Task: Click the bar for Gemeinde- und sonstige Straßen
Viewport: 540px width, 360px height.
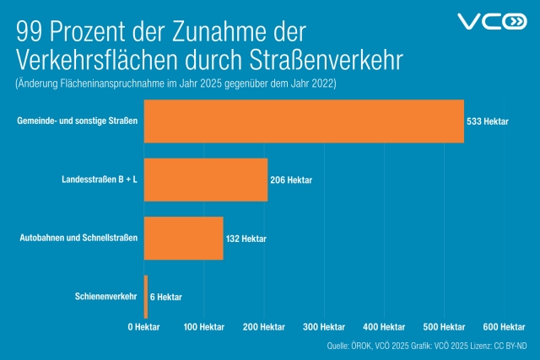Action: [304, 121]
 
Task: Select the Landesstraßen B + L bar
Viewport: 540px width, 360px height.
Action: [206, 180]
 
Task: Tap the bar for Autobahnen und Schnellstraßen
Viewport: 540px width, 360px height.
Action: [184, 238]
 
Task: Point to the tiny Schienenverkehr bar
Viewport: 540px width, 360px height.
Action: [146, 296]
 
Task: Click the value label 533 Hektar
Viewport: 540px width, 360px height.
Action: [488, 122]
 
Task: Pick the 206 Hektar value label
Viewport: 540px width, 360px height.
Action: [291, 180]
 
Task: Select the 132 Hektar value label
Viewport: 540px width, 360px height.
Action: [246, 239]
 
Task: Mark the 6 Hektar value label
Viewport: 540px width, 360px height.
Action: [165, 297]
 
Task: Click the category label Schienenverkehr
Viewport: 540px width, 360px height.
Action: [105, 296]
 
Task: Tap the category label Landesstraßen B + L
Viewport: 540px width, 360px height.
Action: [100, 180]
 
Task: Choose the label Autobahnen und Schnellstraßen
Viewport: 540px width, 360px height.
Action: [78, 238]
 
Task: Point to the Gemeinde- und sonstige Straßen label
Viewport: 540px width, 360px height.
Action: [77, 121]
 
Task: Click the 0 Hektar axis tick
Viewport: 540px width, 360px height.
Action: [144, 326]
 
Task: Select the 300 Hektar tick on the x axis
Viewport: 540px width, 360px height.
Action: [324, 326]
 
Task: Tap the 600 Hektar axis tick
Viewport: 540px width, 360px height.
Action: [505, 326]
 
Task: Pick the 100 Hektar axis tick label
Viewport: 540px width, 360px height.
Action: [203, 326]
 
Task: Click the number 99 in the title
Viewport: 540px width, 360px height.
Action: [30, 33]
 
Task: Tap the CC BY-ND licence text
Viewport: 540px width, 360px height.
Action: [511, 347]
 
